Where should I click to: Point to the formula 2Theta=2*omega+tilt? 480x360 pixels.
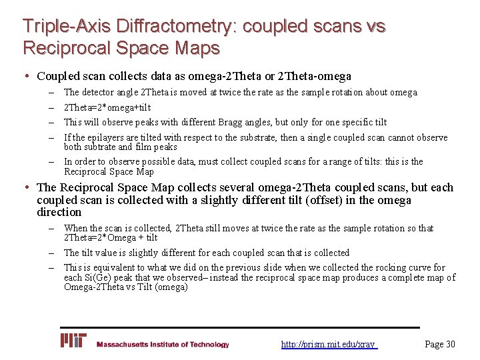pos(107,107)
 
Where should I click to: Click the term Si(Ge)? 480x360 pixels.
pos(95,277)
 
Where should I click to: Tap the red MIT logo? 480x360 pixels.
pos(73,341)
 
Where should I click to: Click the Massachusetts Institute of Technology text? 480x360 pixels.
pos(163,345)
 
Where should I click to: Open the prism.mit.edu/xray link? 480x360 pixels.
pos(329,345)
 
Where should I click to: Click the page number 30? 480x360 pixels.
pos(449,344)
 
